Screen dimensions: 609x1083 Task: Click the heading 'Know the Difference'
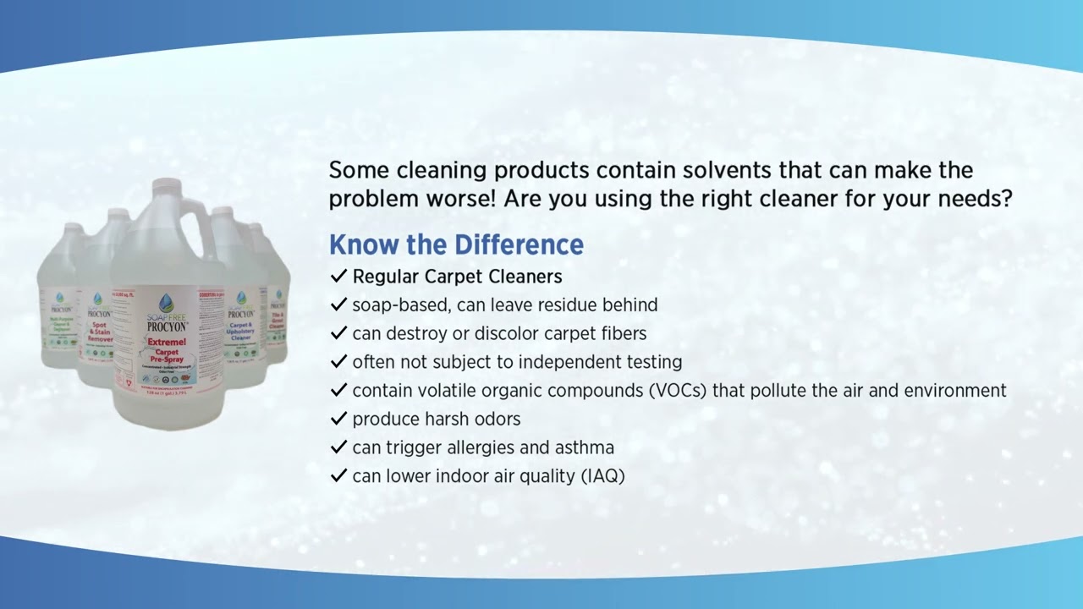click(x=456, y=244)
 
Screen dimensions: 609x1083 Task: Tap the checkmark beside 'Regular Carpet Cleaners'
click(x=338, y=277)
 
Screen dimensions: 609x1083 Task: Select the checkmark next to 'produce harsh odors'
click(x=338, y=419)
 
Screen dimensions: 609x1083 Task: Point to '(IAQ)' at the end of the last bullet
click(x=602, y=475)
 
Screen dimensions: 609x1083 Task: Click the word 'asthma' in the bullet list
click(x=584, y=447)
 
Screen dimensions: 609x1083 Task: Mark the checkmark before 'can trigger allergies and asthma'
click(x=338, y=447)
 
